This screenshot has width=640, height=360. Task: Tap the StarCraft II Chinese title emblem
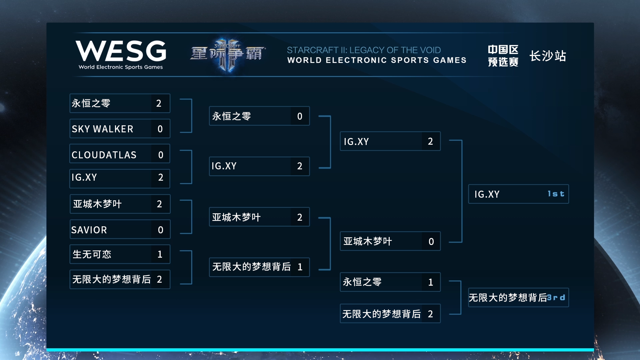tap(228, 54)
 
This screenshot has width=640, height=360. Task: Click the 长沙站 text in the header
tap(548, 56)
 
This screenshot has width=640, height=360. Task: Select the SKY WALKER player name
tap(102, 129)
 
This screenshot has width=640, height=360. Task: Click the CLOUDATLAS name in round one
tap(104, 155)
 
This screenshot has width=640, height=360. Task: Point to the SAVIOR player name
tap(89, 230)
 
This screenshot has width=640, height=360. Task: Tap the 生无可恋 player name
tap(92, 254)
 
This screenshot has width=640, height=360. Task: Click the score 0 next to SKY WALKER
tap(160, 129)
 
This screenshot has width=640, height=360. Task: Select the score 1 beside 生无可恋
tap(160, 254)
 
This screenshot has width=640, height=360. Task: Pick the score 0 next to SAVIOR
tap(160, 230)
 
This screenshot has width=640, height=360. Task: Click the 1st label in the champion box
tap(556, 194)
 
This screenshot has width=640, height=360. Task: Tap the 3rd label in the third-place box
tap(556, 298)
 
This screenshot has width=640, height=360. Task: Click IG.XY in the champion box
tap(487, 194)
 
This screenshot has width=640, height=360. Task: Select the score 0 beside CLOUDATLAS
tap(161, 155)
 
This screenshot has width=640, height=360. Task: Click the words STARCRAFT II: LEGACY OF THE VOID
tap(364, 50)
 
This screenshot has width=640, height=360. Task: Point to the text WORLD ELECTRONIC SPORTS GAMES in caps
tap(377, 60)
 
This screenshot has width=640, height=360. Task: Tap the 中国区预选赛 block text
tap(503, 56)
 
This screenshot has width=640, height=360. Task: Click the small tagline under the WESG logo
tap(121, 67)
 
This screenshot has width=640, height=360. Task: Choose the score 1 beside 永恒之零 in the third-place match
tap(431, 282)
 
